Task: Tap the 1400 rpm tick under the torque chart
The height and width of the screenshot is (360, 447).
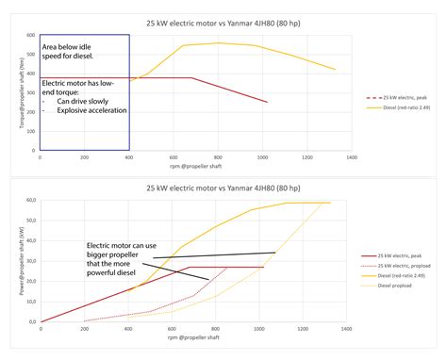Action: tap(351, 158)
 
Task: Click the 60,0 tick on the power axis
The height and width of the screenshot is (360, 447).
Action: tap(29, 202)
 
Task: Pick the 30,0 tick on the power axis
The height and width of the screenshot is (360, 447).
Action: tap(29, 261)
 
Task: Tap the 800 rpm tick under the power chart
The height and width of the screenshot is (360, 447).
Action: tap(216, 328)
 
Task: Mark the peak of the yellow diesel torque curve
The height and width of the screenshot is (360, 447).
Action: tap(219, 42)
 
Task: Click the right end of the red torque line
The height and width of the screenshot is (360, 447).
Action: tap(268, 102)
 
